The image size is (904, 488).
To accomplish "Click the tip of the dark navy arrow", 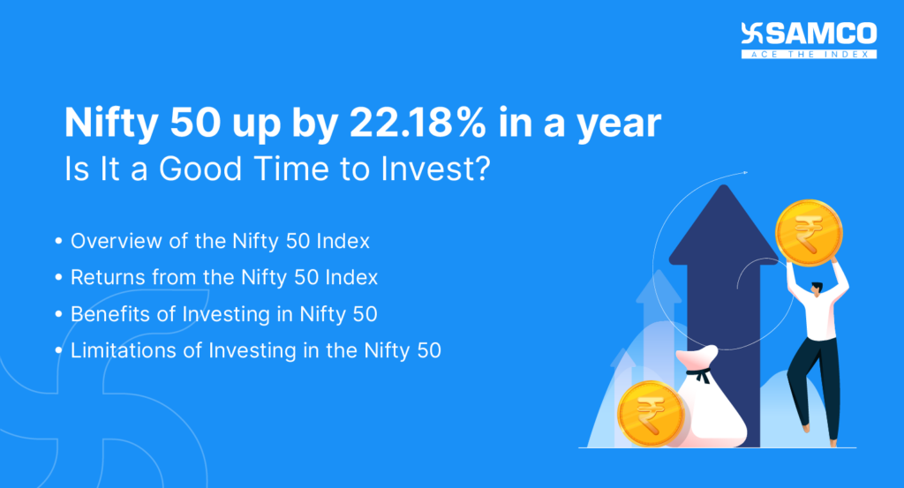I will [x=723, y=190].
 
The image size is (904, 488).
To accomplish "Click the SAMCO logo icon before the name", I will [x=751, y=34].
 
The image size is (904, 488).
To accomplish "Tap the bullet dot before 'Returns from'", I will [x=58, y=278].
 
